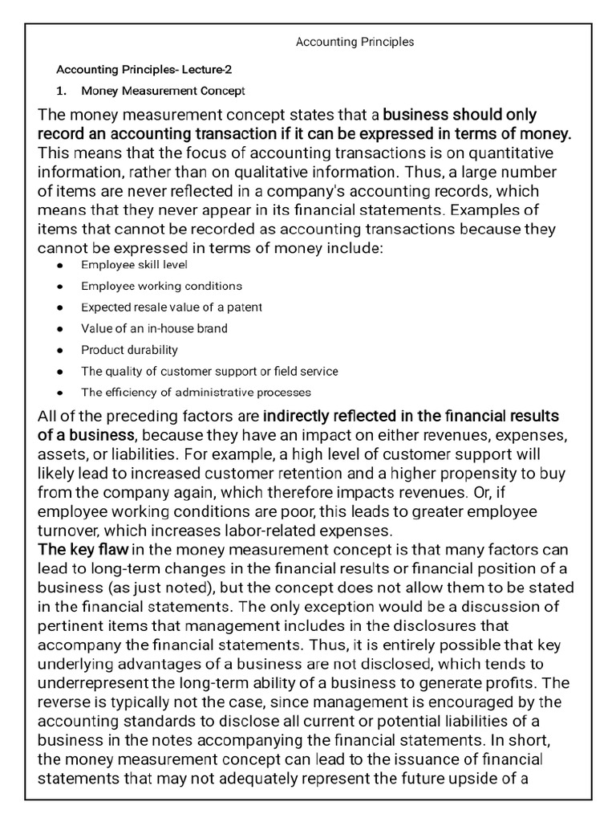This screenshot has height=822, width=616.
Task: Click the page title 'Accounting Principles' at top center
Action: click(x=355, y=42)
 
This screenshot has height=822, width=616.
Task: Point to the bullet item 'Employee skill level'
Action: click(x=134, y=264)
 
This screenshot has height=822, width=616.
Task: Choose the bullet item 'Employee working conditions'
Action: click(x=161, y=286)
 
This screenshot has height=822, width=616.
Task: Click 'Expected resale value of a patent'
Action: click(x=171, y=307)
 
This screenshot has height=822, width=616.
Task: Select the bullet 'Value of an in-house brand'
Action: click(x=154, y=328)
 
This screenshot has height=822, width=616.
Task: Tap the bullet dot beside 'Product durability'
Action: click(x=60, y=351)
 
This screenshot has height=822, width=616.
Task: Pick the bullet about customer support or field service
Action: click(x=209, y=372)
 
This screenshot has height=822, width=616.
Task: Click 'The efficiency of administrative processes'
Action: click(x=196, y=393)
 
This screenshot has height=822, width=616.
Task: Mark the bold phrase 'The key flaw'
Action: click(x=83, y=550)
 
